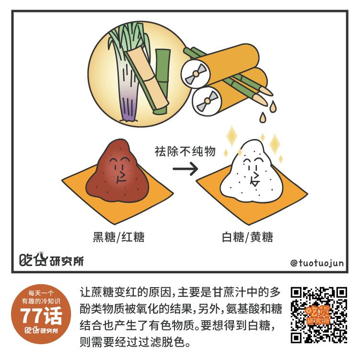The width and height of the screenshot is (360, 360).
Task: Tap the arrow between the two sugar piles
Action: (x=186, y=169)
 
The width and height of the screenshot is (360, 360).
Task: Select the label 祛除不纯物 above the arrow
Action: (x=185, y=151)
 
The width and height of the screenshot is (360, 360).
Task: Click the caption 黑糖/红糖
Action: (x=118, y=237)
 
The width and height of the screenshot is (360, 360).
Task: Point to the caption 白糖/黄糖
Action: (x=247, y=237)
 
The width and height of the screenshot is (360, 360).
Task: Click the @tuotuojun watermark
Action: (x=317, y=263)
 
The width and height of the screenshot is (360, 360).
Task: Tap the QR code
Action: (x=319, y=315)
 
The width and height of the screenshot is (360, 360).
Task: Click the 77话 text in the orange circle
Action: (x=41, y=316)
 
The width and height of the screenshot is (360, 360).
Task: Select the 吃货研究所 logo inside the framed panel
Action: (x=51, y=260)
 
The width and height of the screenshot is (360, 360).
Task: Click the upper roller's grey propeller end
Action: (x=196, y=74)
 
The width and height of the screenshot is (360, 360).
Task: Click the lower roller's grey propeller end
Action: (x=207, y=101)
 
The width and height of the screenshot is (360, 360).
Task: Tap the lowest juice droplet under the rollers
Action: (x=263, y=118)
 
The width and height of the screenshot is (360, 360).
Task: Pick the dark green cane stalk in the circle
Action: (x=162, y=81)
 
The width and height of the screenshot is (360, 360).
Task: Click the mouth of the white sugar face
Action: (x=255, y=179)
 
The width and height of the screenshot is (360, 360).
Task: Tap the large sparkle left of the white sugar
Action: (x=232, y=136)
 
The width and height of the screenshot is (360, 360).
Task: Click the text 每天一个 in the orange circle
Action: (x=41, y=293)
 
